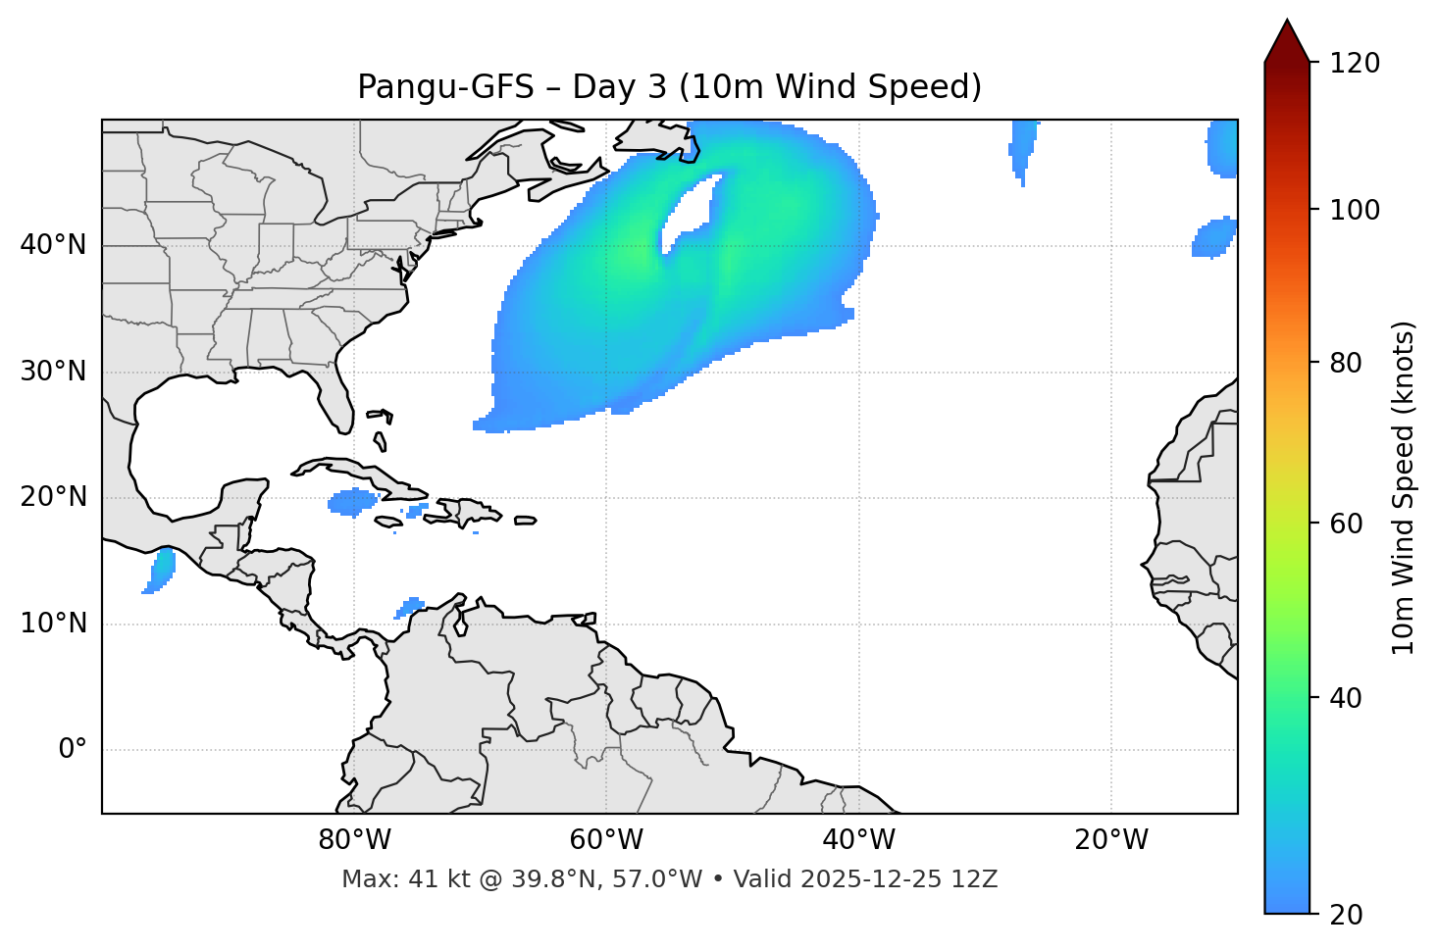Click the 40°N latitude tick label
click(53, 245)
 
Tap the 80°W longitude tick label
click(354, 840)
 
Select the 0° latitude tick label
click(73, 750)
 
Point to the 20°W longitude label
click(1111, 840)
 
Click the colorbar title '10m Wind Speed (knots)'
click(1404, 487)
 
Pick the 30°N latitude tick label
click(53, 372)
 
